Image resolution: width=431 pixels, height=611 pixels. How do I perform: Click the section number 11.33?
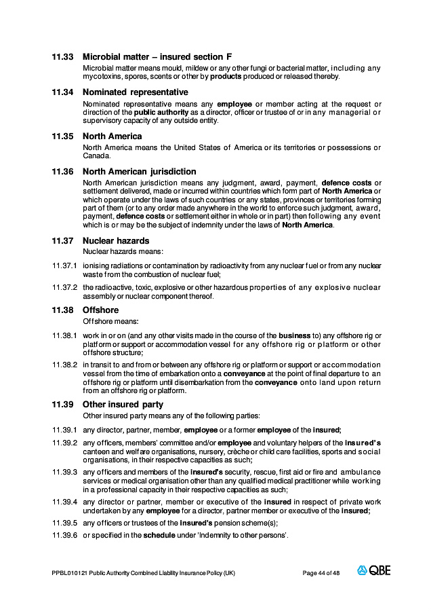[x=62, y=56]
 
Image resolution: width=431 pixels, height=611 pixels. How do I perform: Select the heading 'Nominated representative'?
[x=135, y=92]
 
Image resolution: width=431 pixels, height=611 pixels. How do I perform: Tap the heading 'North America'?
[x=112, y=136]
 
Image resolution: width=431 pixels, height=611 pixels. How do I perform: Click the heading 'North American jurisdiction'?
[x=139, y=171]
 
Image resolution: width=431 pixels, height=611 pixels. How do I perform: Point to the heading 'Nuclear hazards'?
[x=116, y=240]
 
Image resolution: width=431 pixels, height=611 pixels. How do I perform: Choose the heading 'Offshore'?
[x=100, y=310]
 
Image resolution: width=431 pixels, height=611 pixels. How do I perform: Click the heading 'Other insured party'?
[x=123, y=405]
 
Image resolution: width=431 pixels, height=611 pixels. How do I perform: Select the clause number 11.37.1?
[x=65, y=265]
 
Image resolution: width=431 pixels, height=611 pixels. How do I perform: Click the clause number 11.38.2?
[x=65, y=365]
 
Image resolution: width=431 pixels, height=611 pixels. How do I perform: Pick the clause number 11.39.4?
[x=65, y=502]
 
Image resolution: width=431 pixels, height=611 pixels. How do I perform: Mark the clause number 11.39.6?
[x=65, y=535]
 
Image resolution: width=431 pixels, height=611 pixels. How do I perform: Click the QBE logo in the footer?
[x=374, y=572]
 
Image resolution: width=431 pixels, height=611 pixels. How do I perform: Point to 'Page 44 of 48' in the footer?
[x=321, y=573]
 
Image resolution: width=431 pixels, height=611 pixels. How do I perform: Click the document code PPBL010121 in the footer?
[x=66, y=573]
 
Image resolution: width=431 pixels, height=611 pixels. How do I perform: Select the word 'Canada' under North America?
[x=96, y=155]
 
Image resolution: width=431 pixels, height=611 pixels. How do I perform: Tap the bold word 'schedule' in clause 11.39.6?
[x=157, y=535]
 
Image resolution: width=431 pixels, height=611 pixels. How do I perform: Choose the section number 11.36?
[x=62, y=172]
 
